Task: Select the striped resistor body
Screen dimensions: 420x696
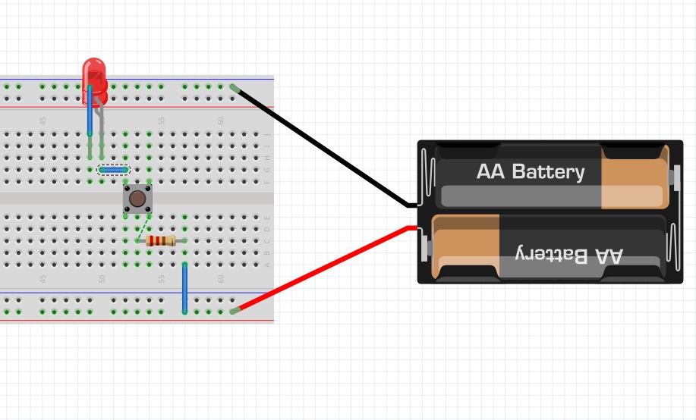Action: pyautogui.click(x=161, y=241)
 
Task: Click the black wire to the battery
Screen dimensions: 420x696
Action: pyautogui.click(x=326, y=147)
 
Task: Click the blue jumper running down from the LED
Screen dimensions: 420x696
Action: pyautogui.click(x=90, y=114)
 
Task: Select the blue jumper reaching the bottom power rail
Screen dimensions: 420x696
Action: pyautogui.click(x=184, y=288)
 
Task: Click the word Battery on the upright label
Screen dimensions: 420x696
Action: pyautogui.click(x=548, y=172)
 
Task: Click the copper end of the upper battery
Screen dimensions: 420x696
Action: pyautogui.click(x=634, y=176)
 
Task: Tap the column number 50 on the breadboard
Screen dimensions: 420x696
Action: pyautogui.click(x=102, y=121)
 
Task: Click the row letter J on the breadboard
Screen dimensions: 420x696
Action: pyautogui.click(x=266, y=135)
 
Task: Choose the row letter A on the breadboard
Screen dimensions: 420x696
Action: pyautogui.click(x=266, y=265)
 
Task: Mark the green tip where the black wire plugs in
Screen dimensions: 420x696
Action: pyautogui.click(x=234, y=89)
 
